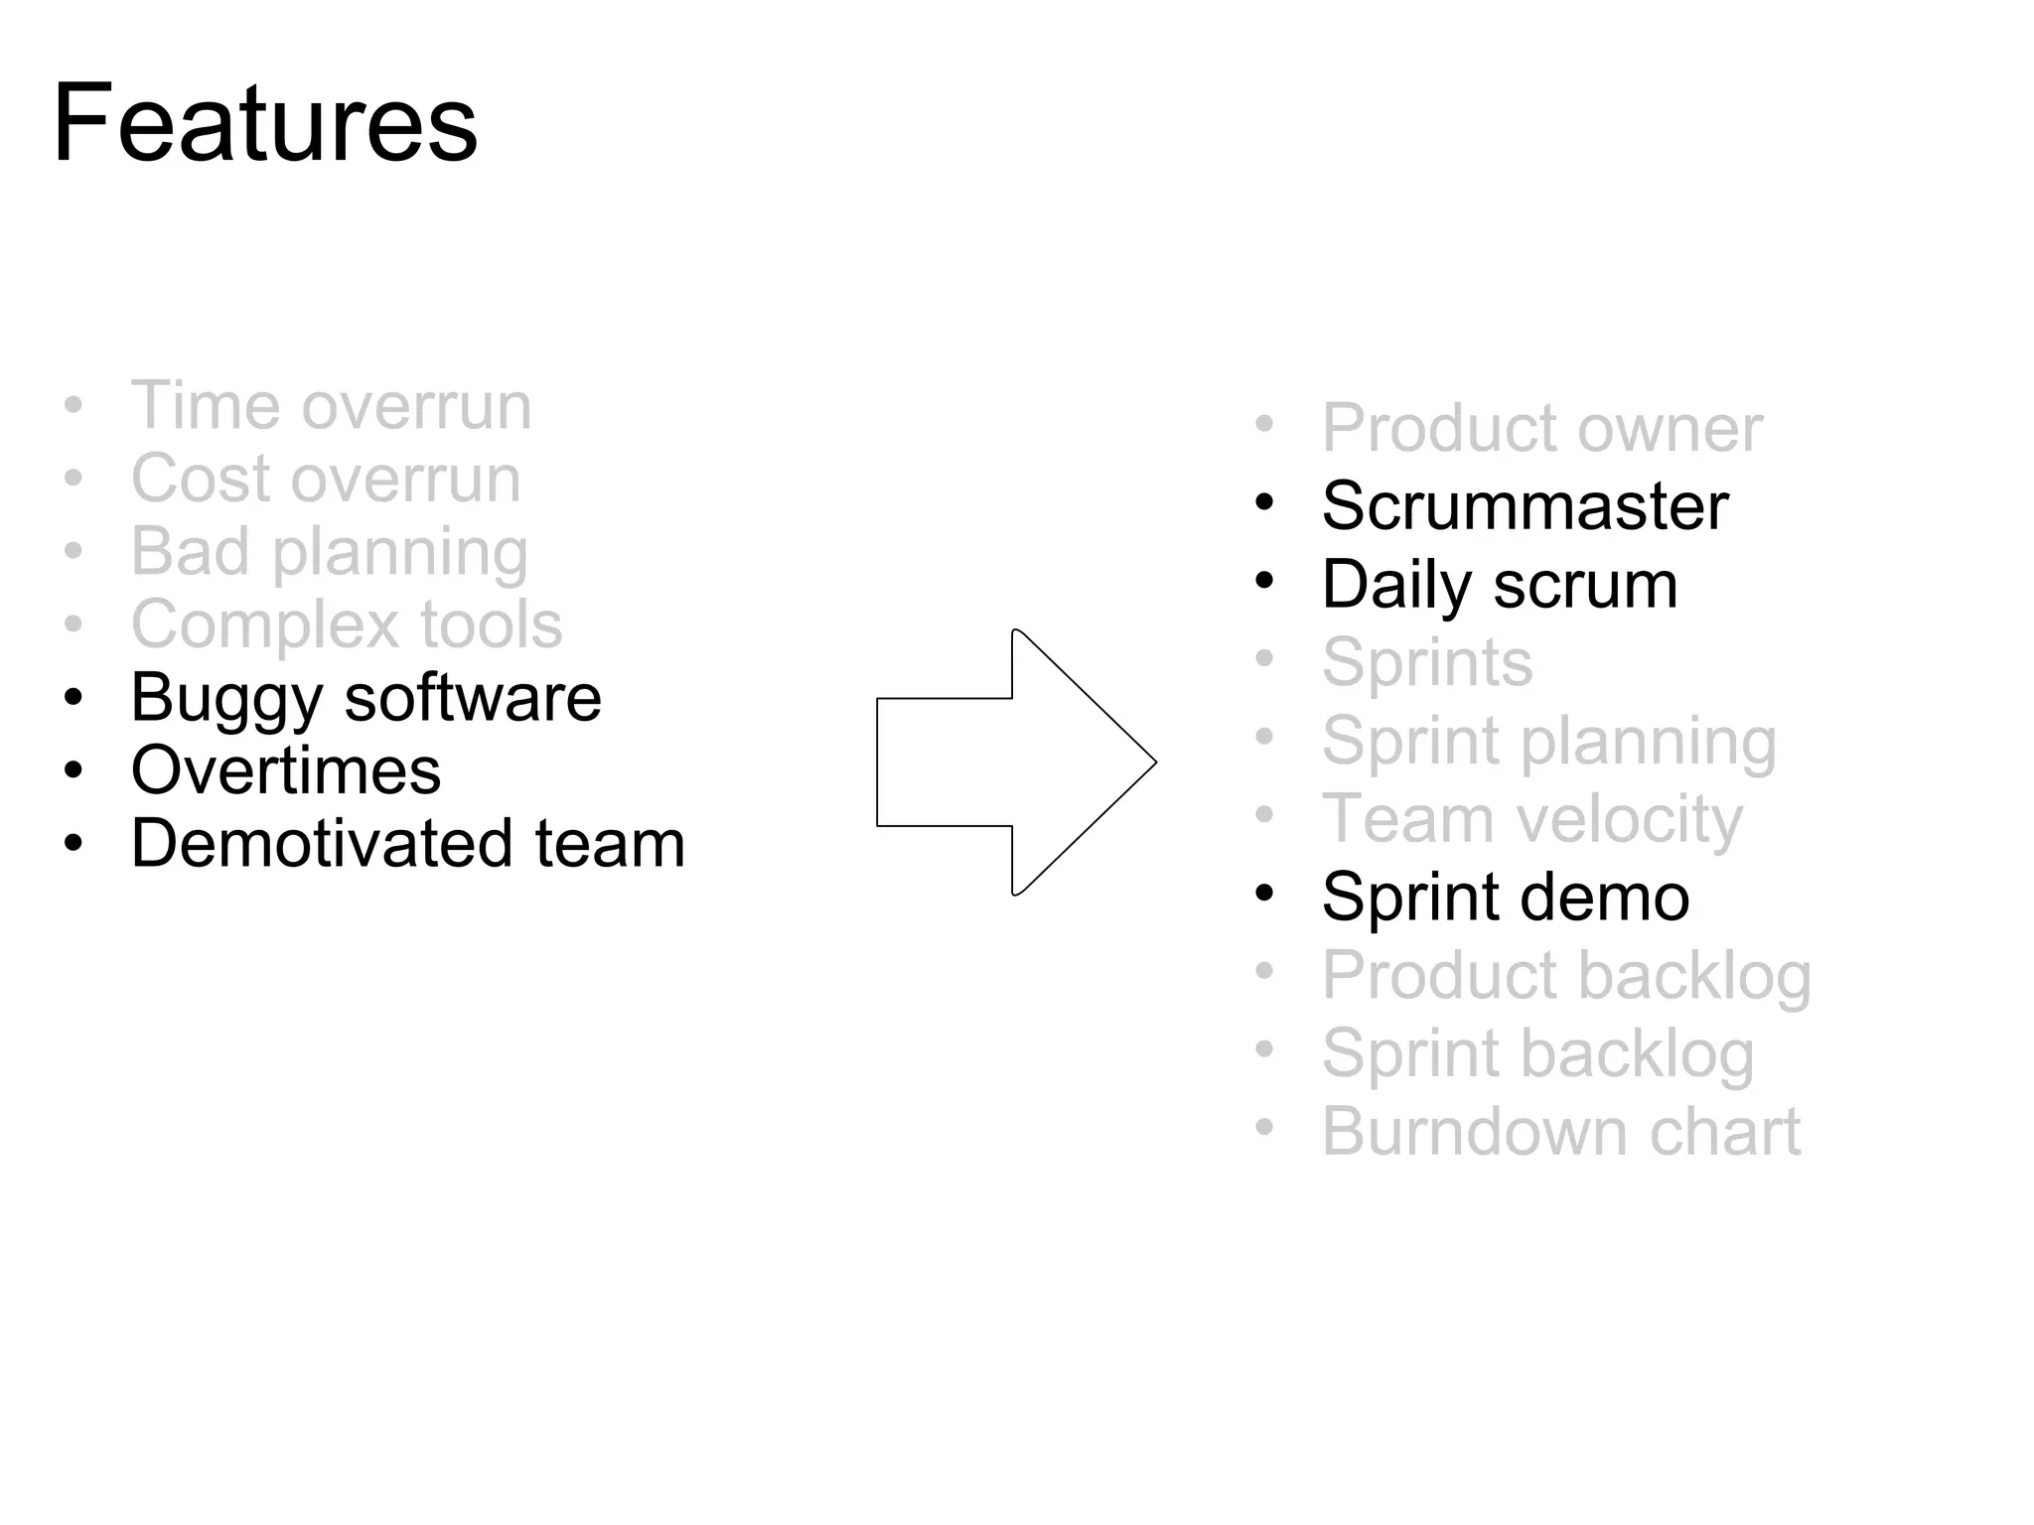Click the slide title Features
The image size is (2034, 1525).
(265, 124)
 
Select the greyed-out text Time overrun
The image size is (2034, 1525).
(331, 406)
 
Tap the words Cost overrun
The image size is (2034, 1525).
(326, 479)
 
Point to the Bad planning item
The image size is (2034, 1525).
(329, 552)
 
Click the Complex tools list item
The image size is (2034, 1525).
(347, 624)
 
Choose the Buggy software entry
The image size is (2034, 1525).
(365, 698)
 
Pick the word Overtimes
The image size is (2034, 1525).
(286, 770)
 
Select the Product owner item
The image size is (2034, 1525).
(1541, 429)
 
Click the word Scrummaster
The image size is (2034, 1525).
(1525, 506)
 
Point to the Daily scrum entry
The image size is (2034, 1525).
(1500, 585)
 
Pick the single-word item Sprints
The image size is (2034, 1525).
(1427, 662)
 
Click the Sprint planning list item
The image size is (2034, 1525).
(1549, 742)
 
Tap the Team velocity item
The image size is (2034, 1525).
(1531, 819)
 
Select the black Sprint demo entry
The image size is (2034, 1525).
(1506, 898)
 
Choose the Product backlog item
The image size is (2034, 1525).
(1566, 976)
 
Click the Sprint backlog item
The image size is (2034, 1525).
(1537, 1053)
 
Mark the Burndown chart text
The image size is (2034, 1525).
(1560, 1132)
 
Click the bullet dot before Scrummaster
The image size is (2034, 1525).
(1264, 502)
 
